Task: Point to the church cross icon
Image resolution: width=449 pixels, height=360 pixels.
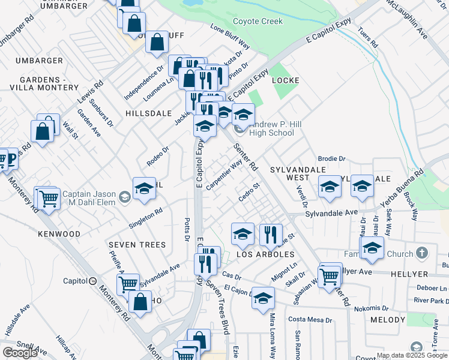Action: [421, 253]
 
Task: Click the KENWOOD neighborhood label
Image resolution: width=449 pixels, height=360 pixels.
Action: [59, 233]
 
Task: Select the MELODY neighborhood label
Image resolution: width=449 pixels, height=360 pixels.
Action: [387, 320]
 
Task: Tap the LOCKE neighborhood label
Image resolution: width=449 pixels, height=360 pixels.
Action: [285, 80]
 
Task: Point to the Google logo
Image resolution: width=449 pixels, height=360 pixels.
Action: [20, 353]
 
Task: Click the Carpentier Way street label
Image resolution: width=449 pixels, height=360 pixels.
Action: [224, 173]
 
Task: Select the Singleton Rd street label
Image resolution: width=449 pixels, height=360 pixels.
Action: [146, 218]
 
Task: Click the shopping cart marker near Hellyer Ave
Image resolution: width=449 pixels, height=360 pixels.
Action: [330, 277]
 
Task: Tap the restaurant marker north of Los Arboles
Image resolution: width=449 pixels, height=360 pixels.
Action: [271, 234]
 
